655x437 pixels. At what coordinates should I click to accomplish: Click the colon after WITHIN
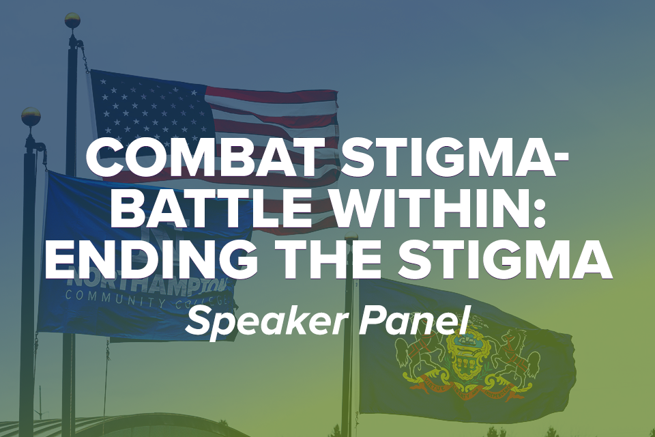pyautogui.click(x=539, y=214)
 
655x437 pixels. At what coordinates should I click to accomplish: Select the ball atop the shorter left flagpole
pyautogui.click(x=31, y=116)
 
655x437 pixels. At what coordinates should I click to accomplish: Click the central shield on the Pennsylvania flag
pyautogui.click(x=466, y=350)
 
